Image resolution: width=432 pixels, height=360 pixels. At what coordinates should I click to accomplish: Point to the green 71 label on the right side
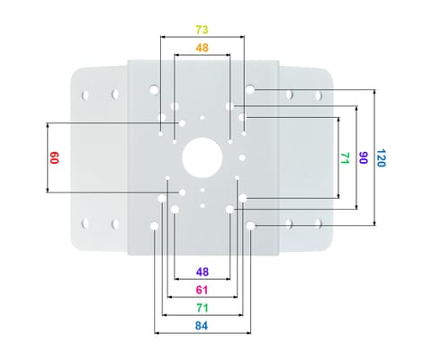point(344,157)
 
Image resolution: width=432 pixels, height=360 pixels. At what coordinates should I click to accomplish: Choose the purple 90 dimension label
point(363,157)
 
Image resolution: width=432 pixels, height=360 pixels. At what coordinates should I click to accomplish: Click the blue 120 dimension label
point(382,157)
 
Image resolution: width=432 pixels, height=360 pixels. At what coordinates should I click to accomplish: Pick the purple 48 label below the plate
point(202,271)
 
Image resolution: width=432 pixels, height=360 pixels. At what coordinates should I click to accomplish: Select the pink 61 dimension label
point(202,289)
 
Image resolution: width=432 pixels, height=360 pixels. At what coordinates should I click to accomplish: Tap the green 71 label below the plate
point(202,307)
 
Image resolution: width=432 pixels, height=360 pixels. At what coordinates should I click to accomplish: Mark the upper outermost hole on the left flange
point(86,94)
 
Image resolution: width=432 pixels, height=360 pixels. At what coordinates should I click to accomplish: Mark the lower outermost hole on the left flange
point(86,222)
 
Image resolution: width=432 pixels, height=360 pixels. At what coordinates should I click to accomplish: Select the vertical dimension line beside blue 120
point(373,157)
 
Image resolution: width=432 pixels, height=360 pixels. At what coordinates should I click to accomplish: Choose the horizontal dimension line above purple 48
point(202,261)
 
